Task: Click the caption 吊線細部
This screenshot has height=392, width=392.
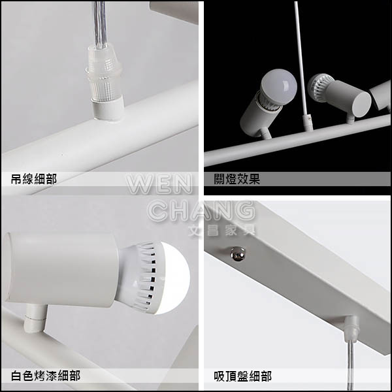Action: click(x=34, y=179)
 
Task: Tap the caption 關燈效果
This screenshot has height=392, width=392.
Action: click(x=237, y=179)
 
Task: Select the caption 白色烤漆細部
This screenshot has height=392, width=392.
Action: click(x=46, y=376)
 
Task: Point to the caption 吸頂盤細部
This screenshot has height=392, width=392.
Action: click(x=242, y=376)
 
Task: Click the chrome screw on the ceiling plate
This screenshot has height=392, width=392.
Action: click(x=238, y=253)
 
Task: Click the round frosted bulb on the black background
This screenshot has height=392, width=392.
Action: click(x=279, y=86)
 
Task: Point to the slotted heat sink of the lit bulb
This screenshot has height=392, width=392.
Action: click(x=145, y=278)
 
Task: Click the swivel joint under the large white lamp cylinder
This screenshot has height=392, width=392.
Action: click(x=35, y=318)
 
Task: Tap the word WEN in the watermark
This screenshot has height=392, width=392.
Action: click(x=159, y=184)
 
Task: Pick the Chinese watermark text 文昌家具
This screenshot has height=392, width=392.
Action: click(x=222, y=230)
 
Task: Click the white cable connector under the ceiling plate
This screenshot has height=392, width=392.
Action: click(x=351, y=329)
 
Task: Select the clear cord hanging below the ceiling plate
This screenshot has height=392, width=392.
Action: click(x=350, y=365)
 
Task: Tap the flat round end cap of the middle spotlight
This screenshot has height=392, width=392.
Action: click(x=361, y=105)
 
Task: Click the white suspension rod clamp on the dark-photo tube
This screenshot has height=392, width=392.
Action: click(x=308, y=123)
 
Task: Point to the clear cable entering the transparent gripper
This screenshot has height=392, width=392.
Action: click(x=100, y=25)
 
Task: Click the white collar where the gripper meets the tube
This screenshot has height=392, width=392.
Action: click(x=108, y=108)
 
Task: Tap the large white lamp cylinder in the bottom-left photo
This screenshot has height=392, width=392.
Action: click(x=61, y=269)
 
